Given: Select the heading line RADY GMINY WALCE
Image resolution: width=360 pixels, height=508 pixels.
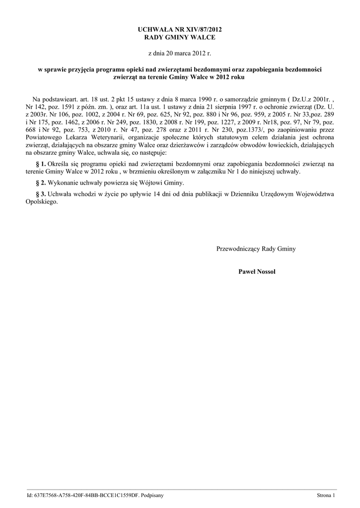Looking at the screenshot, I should click(x=180, y=38).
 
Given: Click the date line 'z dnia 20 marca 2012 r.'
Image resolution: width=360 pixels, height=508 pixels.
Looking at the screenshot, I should click(x=180, y=53).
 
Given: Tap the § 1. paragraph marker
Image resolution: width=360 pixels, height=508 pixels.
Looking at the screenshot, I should click(x=41, y=163).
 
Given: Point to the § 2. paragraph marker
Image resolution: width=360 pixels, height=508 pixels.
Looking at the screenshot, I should click(x=41, y=182).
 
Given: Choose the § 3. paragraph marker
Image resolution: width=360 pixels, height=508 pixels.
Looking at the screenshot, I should click(x=41, y=193).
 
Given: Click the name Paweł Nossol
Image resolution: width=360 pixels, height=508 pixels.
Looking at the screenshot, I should click(x=257, y=271).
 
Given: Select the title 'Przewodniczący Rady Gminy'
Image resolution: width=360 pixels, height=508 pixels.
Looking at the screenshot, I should click(x=256, y=249).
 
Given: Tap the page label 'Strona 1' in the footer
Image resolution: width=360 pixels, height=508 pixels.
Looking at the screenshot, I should click(x=326, y=495).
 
